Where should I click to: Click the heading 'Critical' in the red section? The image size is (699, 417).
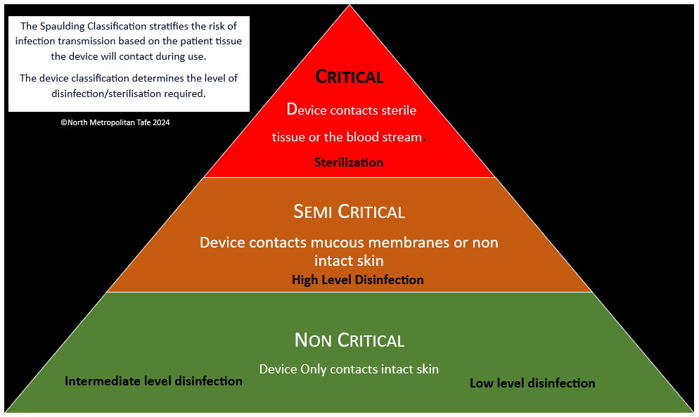tap(349, 77)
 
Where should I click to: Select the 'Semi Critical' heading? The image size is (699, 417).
tap(349, 211)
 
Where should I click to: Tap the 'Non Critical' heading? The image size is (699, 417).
tap(349, 340)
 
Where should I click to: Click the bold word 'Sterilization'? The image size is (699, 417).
tap(349, 162)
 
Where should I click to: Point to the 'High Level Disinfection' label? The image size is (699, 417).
tap(357, 280)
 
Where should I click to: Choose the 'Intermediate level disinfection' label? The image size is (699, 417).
tap(153, 381)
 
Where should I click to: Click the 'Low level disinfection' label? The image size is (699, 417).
tap(532, 383)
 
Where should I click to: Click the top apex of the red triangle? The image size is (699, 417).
tap(349, 6)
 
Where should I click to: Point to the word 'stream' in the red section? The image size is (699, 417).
tap(404, 137)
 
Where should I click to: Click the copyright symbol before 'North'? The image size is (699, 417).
tap(63, 122)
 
